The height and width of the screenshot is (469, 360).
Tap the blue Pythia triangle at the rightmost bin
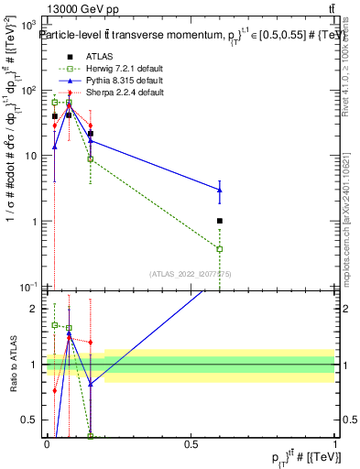220,190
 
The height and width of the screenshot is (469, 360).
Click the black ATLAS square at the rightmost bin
220,221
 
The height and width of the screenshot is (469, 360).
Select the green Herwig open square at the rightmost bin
220,249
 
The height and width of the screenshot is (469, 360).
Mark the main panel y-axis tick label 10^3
29,26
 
